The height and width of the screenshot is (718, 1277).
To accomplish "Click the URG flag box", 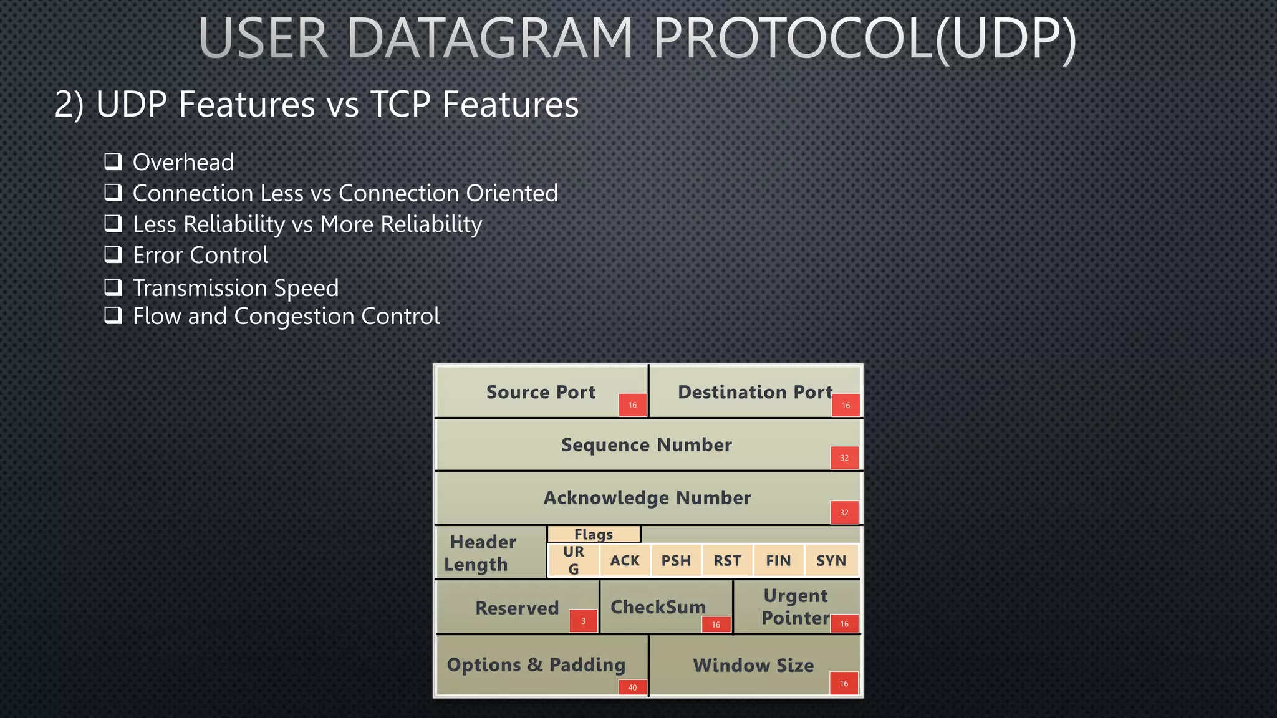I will pyautogui.click(x=574, y=560).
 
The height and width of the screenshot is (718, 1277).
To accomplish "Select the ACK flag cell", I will pyautogui.click(x=625, y=560).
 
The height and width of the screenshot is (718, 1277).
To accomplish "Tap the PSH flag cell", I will pyautogui.click(x=676, y=560).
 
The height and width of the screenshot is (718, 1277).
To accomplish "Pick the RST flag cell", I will pyautogui.click(x=727, y=560).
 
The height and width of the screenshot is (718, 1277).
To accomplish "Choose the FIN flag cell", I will pyautogui.click(x=778, y=560).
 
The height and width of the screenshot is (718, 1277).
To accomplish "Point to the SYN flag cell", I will pyautogui.click(x=831, y=560).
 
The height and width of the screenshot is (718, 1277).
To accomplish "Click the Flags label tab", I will pyautogui.click(x=594, y=534).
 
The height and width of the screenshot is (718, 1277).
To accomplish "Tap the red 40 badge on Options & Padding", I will pyautogui.click(x=632, y=687).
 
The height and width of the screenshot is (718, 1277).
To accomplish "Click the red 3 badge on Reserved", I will pyautogui.click(x=583, y=621).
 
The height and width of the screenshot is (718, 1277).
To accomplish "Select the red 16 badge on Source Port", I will pyautogui.click(x=632, y=405).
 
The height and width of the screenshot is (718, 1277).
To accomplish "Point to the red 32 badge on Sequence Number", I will pyautogui.click(x=844, y=457).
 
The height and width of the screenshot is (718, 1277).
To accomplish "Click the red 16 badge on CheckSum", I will pyautogui.click(x=716, y=625).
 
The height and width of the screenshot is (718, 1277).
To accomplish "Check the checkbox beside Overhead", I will pyautogui.click(x=113, y=161).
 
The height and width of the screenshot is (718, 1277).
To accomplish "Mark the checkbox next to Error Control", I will pyautogui.click(x=113, y=254).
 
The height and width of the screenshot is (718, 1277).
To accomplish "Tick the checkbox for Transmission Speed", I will pyautogui.click(x=113, y=287).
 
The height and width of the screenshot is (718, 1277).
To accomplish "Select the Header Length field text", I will pyautogui.click(x=480, y=553).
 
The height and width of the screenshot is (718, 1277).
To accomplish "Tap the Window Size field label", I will pyautogui.click(x=753, y=665).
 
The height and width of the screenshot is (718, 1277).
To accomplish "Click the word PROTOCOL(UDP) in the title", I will pyautogui.click(x=864, y=39).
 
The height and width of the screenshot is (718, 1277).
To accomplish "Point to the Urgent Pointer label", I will pyautogui.click(x=796, y=606).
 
